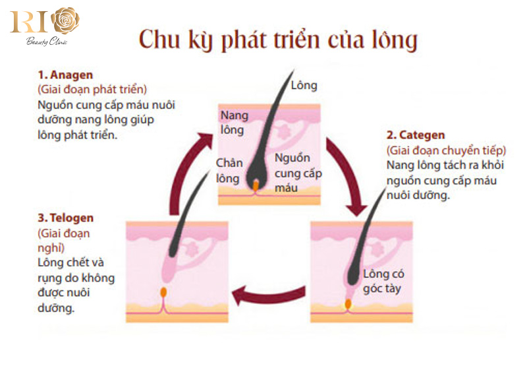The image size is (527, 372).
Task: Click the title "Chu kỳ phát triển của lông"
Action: pyautogui.click(x=278, y=40)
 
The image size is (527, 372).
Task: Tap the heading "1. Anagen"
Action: pyautogui.click(x=65, y=75)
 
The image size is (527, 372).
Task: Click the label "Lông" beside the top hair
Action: pyautogui.click(x=304, y=85)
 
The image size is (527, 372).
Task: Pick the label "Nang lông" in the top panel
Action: pyautogui.click(x=235, y=123)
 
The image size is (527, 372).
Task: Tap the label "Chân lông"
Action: pyautogui.click(x=229, y=170)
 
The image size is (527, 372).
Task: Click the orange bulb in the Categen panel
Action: pyautogui.click(x=348, y=303)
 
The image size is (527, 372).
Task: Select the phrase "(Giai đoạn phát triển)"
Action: pyautogui.click(x=92, y=89)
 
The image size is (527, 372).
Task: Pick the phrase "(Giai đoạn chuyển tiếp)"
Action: pyautogui.click(x=446, y=150)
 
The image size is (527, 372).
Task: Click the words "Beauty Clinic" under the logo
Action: pyautogui.click(x=47, y=42)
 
